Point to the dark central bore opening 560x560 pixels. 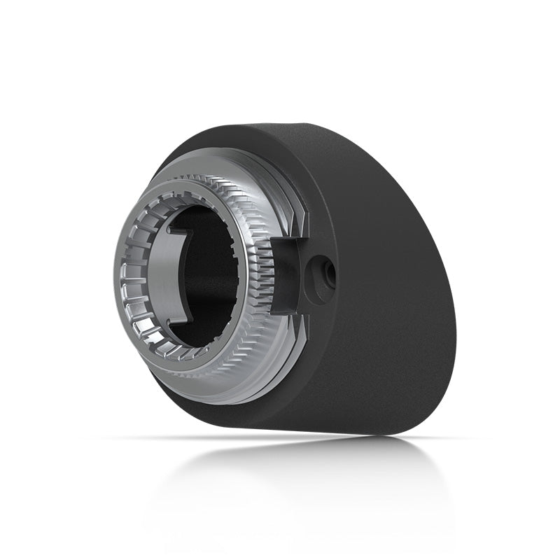click(x=210, y=280)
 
